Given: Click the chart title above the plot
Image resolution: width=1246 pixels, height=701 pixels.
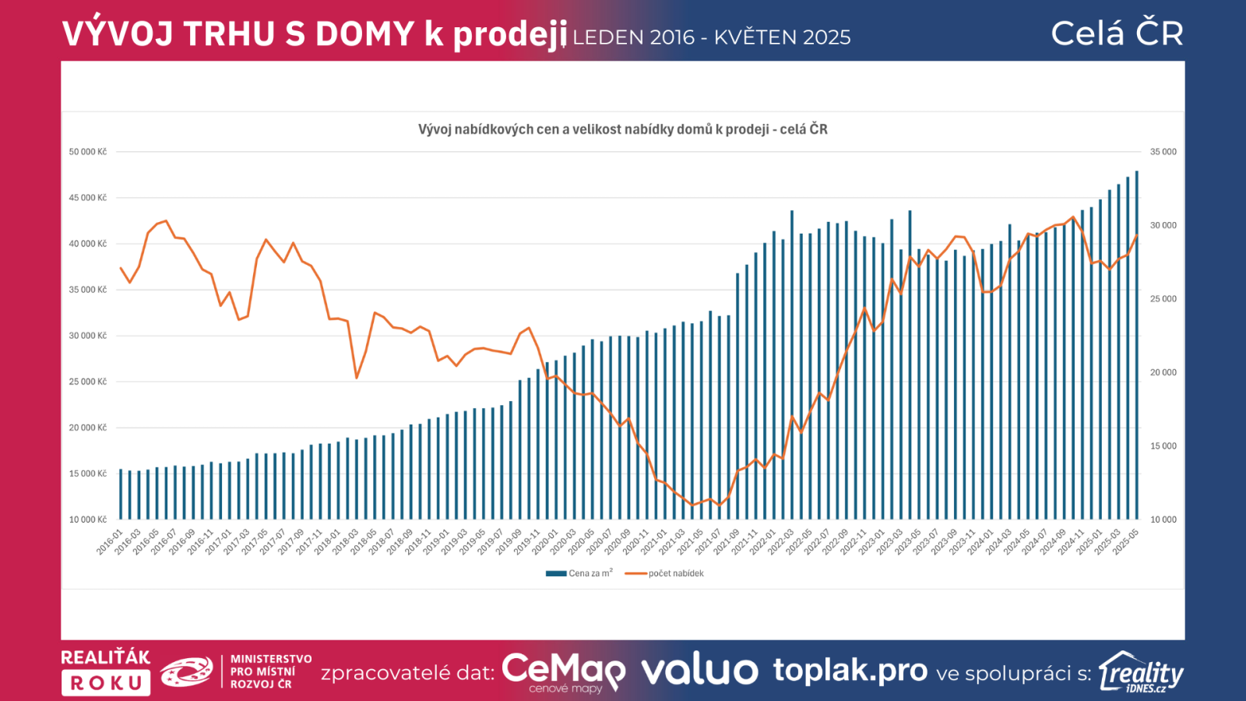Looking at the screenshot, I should click(622, 129).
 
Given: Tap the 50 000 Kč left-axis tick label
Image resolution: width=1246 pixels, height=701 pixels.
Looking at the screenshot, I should click(88, 152).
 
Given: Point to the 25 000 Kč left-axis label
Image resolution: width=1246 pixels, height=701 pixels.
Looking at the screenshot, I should click(88, 382).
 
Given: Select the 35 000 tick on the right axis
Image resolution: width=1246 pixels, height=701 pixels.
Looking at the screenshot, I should click(1163, 152).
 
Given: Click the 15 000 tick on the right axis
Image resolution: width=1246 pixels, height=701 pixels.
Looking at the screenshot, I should click(1163, 446).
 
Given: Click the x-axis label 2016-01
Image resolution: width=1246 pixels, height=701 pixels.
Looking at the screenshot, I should click(111, 542).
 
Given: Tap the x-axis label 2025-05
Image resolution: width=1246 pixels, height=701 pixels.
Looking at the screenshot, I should click(1126, 542).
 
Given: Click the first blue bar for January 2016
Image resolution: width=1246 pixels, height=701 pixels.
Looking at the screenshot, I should click(121, 495).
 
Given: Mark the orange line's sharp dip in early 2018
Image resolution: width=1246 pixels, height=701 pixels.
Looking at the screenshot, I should click(357, 378).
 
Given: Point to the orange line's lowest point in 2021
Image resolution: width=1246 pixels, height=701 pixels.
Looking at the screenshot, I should click(692, 505).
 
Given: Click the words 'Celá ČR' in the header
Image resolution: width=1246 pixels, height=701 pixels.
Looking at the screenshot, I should click(1117, 33).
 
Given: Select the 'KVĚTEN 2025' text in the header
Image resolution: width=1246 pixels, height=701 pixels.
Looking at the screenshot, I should click(782, 37).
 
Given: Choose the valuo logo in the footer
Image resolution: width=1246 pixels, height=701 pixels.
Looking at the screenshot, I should click(699, 671).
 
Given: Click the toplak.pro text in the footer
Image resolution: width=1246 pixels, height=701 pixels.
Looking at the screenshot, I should click(850, 670).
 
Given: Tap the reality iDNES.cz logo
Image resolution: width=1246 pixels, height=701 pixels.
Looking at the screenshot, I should click(1141, 672).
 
